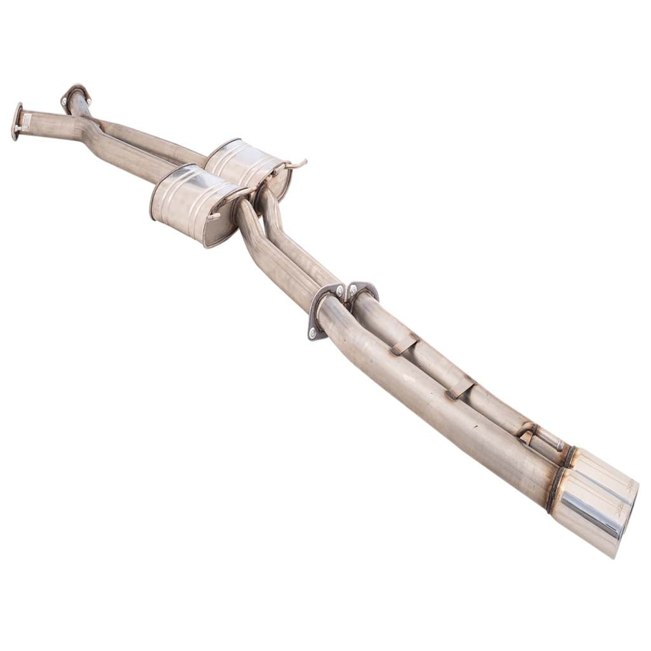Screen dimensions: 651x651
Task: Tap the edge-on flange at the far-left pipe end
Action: click(x=16, y=121)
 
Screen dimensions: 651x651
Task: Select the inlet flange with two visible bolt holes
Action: click(x=75, y=96)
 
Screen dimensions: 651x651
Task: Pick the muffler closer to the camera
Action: click(x=191, y=203)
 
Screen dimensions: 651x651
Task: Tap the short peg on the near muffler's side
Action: click(x=214, y=217)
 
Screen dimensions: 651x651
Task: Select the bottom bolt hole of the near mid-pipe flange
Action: click(x=312, y=334)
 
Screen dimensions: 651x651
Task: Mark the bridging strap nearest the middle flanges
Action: click(x=404, y=344)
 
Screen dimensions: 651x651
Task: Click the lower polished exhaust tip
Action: click(x=588, y=521)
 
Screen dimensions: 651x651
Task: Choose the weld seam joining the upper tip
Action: click(x=570, y=456)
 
